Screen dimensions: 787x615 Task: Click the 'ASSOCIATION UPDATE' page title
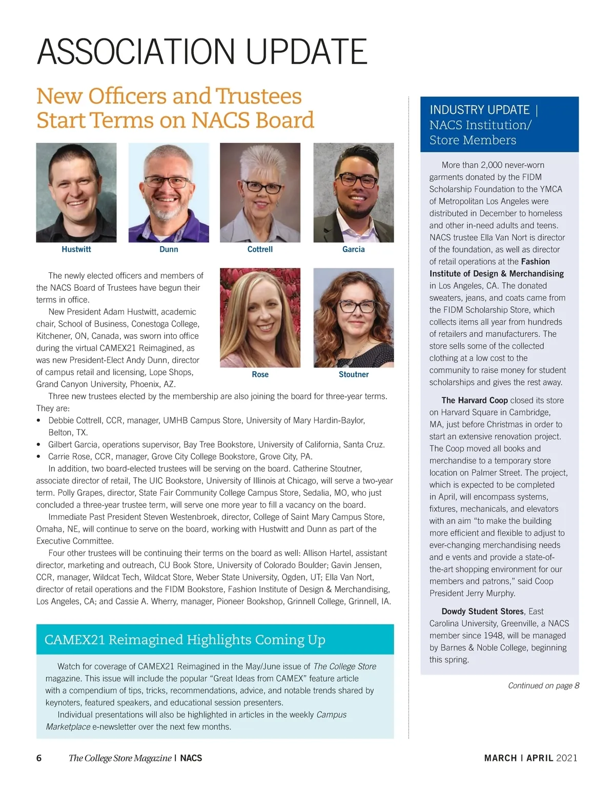point(202,51)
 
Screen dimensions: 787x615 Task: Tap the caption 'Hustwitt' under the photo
point(76,249)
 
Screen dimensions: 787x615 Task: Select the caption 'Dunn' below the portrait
point(169,249)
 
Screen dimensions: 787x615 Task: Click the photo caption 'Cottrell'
point(260,249)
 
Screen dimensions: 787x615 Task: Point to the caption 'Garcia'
point(354,249)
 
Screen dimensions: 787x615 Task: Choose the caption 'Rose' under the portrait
point(260,374)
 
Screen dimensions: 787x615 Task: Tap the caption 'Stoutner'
point(354,374)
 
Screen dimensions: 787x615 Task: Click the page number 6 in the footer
point(39,758)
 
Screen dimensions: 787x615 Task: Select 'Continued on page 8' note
point(543,685)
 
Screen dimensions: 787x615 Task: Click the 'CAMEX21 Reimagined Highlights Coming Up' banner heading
point(185,639)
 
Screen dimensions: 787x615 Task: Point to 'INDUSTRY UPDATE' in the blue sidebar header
point(479,110)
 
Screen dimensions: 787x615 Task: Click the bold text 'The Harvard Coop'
point(475,400)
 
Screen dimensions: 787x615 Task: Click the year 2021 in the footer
point(567,758)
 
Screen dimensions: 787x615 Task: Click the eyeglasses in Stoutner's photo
point(354,307)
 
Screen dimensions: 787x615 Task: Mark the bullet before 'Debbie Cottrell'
point(39,420)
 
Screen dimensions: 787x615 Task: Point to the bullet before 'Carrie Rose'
point(39,457)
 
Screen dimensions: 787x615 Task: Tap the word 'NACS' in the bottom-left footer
point(191,758)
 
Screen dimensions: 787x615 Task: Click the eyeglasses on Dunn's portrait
point(167,181)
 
